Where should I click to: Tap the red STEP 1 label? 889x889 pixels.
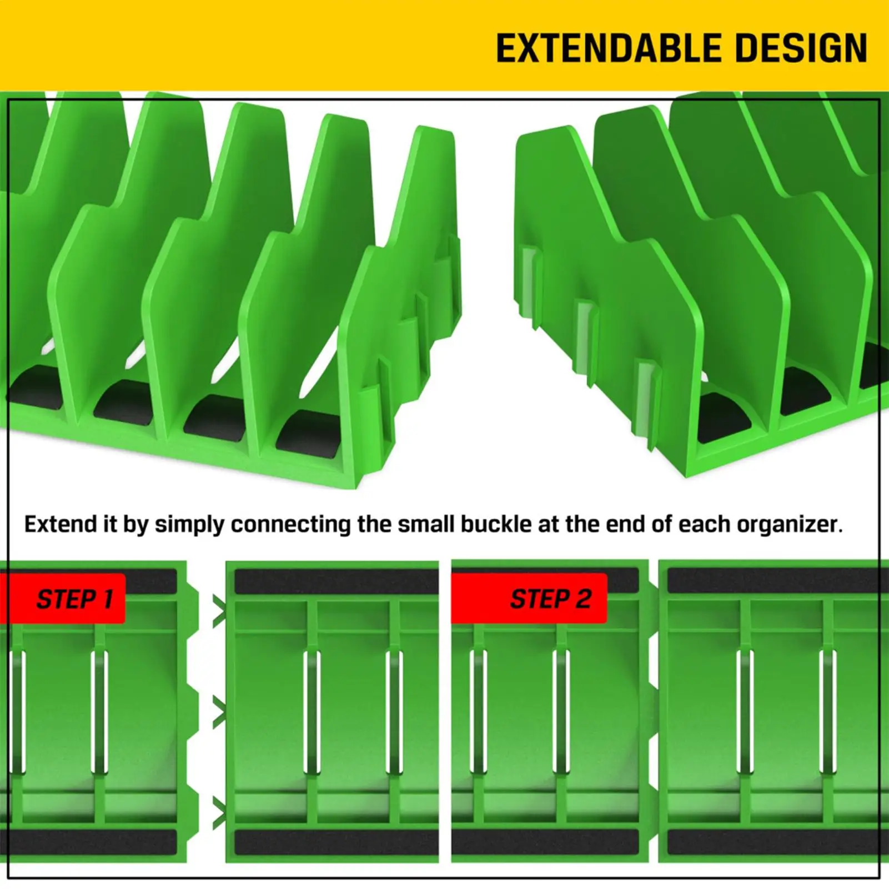coord(63,598)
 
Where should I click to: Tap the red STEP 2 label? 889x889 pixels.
coord(529,598)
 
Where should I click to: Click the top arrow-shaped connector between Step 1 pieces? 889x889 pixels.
coord(219,610)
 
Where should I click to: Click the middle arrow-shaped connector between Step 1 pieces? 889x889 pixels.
coord(219,712)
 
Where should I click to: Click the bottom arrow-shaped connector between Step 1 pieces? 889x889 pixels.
coord(219,813)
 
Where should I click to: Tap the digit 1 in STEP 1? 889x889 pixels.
coord(108,599)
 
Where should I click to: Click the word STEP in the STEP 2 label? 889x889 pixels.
coord(538,599)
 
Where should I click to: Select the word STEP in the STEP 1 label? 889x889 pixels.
coord(66,599)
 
